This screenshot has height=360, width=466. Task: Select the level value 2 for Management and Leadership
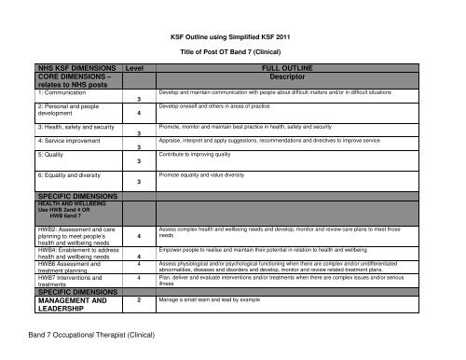tap(138, 301)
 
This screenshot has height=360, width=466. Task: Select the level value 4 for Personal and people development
tap(138, 115)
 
